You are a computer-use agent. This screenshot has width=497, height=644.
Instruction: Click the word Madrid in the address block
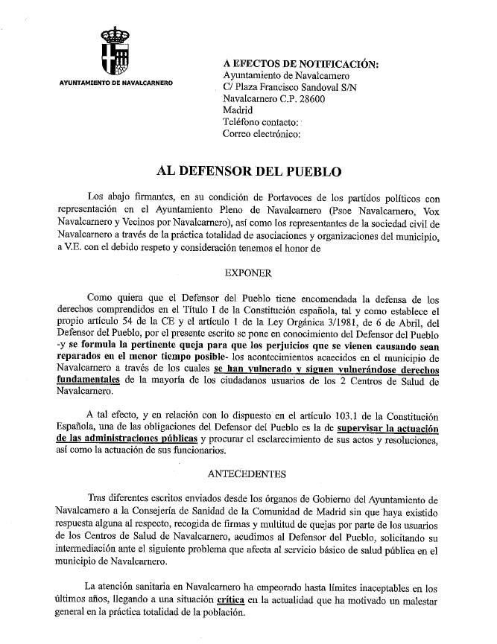click(x=238, y=110)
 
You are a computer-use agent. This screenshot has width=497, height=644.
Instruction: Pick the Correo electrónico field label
click(x=262, y=134)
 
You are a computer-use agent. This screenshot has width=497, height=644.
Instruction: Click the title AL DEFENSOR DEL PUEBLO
click(x=249, y=171)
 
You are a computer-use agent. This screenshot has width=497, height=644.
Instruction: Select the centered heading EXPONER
click(x=247, y=272)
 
